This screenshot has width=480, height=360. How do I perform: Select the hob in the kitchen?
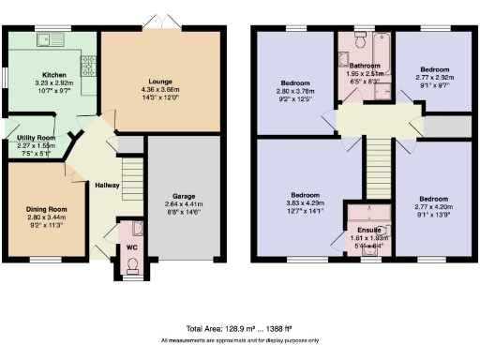[88, 67]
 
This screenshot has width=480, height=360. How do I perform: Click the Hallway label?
[106, 186]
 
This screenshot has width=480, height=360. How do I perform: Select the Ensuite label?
[368, 230]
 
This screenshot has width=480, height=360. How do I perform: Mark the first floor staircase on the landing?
[377, 166]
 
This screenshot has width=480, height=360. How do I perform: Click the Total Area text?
[239, 329]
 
